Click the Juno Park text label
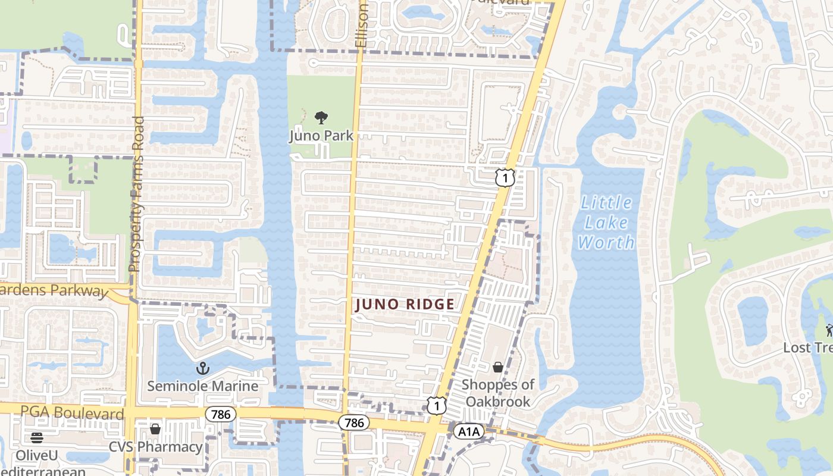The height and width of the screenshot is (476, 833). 321,136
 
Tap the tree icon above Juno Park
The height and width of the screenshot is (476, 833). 321,117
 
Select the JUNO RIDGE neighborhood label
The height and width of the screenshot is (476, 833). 405,305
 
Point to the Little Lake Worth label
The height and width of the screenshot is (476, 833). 606,223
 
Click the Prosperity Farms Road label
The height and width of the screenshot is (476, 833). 136,194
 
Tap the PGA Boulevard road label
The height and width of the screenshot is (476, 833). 73,412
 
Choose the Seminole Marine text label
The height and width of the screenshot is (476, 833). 203,386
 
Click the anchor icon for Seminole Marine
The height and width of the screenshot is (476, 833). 203,368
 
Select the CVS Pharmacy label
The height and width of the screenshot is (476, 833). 156,447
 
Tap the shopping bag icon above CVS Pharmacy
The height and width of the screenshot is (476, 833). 155,429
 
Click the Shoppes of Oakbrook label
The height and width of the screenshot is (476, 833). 498,393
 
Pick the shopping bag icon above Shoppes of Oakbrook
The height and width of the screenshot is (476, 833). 498,367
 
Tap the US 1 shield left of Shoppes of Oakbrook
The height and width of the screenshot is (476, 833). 437,406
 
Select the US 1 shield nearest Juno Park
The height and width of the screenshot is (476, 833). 505,177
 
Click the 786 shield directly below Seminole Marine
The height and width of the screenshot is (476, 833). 220,414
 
